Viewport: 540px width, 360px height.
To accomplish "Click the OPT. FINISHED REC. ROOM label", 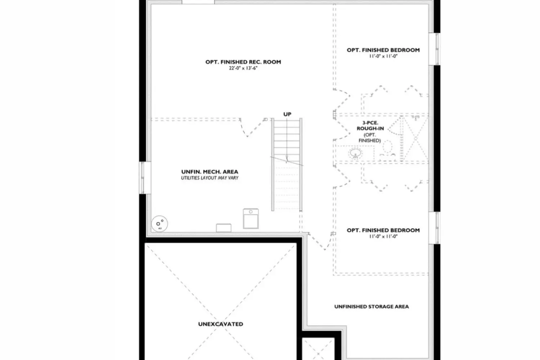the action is (243, 62).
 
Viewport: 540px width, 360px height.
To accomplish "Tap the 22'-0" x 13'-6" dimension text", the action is (243, 68).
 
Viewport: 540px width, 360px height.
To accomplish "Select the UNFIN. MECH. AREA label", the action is (210, 172).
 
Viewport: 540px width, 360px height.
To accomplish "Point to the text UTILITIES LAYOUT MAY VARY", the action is (210, 178).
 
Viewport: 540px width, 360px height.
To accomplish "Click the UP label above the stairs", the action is (287, 114).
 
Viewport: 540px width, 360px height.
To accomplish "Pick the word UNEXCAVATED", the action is (221, 324).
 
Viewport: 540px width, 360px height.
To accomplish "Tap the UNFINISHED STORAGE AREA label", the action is (372, 307).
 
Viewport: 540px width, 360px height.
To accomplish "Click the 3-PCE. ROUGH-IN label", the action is (370, 126).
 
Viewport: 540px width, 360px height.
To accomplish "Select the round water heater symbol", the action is (159, 224).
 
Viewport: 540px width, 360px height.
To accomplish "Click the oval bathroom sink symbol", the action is (356, 153).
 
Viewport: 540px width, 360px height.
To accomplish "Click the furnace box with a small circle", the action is (251, 219).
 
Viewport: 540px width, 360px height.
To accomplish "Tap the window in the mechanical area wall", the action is (145, 178).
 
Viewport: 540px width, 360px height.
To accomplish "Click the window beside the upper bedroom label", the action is (434, 49).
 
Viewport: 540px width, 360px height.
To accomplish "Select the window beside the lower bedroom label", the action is (434, 228).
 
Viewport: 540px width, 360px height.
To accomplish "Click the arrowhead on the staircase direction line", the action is (287, 159).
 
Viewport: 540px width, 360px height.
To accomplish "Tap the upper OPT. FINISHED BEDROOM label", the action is (383, 50).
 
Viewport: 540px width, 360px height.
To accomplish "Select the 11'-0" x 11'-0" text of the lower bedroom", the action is (383, 237).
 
